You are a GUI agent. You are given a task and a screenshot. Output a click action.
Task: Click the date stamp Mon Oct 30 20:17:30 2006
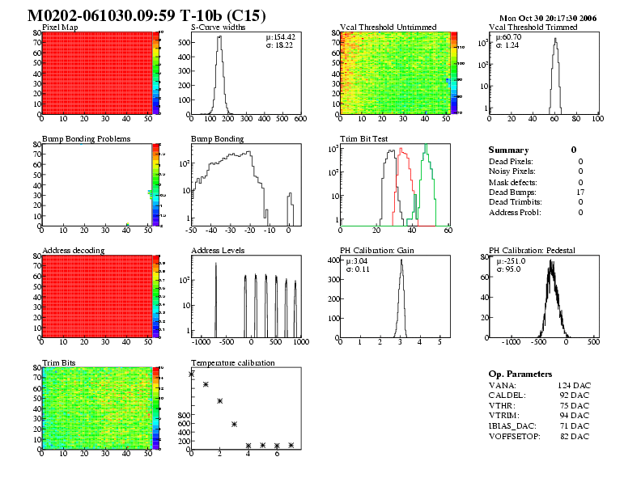click(x=548, y=18)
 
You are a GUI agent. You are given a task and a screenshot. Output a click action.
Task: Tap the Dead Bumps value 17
click(x=579, y=192)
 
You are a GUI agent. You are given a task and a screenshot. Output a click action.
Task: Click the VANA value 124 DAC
click(x=574, y=386)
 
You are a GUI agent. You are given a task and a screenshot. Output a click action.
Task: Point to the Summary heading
click(x=509, y=150)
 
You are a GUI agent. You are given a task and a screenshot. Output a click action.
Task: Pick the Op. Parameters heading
click(x=520, y=374)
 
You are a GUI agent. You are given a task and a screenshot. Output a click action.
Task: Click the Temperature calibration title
click(x=233, y=362)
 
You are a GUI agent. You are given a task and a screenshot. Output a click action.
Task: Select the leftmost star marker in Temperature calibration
click(x=192, y=374)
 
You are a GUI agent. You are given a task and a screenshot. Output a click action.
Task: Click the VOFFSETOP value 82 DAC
click(x=574, y=437)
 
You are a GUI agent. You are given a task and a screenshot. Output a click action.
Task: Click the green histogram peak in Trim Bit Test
click(x=427, y=147)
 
